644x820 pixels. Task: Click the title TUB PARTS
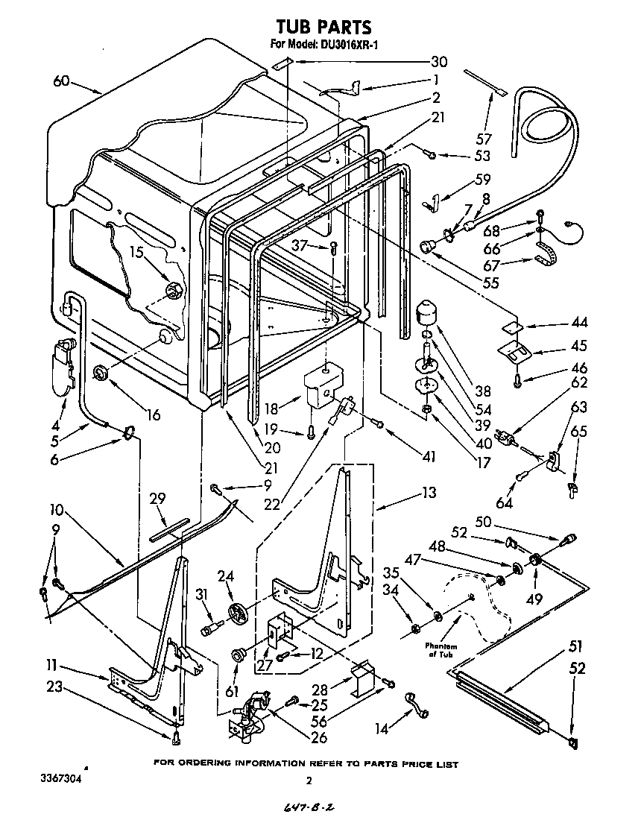pyautogui.click(x=323, y=28)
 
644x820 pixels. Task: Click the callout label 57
pyautogui.click(x=484, y=139)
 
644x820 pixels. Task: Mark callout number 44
pyautogui.click(x=578, y=323)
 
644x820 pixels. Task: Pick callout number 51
pyautogui.click(x=575, y=646)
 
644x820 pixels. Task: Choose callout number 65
pyautogui.click(x=578, y=432)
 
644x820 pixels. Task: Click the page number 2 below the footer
pyautogui.click(x=309, y=780)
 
